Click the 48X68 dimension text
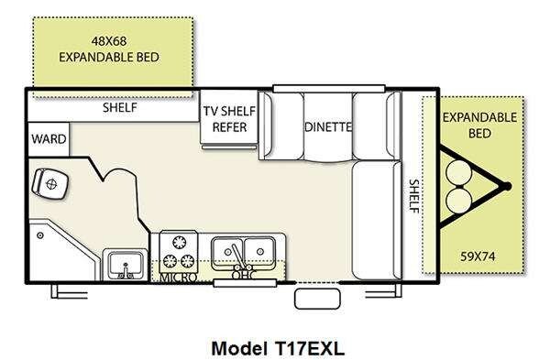click(x=109, y=41)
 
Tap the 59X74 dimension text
click(x=478, y=256)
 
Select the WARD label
click(x=49, y=139)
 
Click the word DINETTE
click(x=328, y=126)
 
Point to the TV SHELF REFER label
click(x=229, y=119)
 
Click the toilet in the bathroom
click(x=49, y=183)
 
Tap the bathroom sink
click(x=126, y=266)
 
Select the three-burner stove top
click(x=179, y=252)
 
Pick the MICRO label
click(x=178, y=278)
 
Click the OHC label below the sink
click(x=244, y=276)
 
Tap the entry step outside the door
click(x=317, y=299)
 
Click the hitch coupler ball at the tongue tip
click(x=506, y=187)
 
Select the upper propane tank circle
click(x=459, y=172)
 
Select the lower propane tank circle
click(x=459, y=200)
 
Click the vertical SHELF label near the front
click(x=414, y=196)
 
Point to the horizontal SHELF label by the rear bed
click(x=120, y=107)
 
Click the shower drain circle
click(x=40, y=235)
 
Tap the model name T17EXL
click(x=307, y=348)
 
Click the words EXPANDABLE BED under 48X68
click(x=109, y=57)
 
